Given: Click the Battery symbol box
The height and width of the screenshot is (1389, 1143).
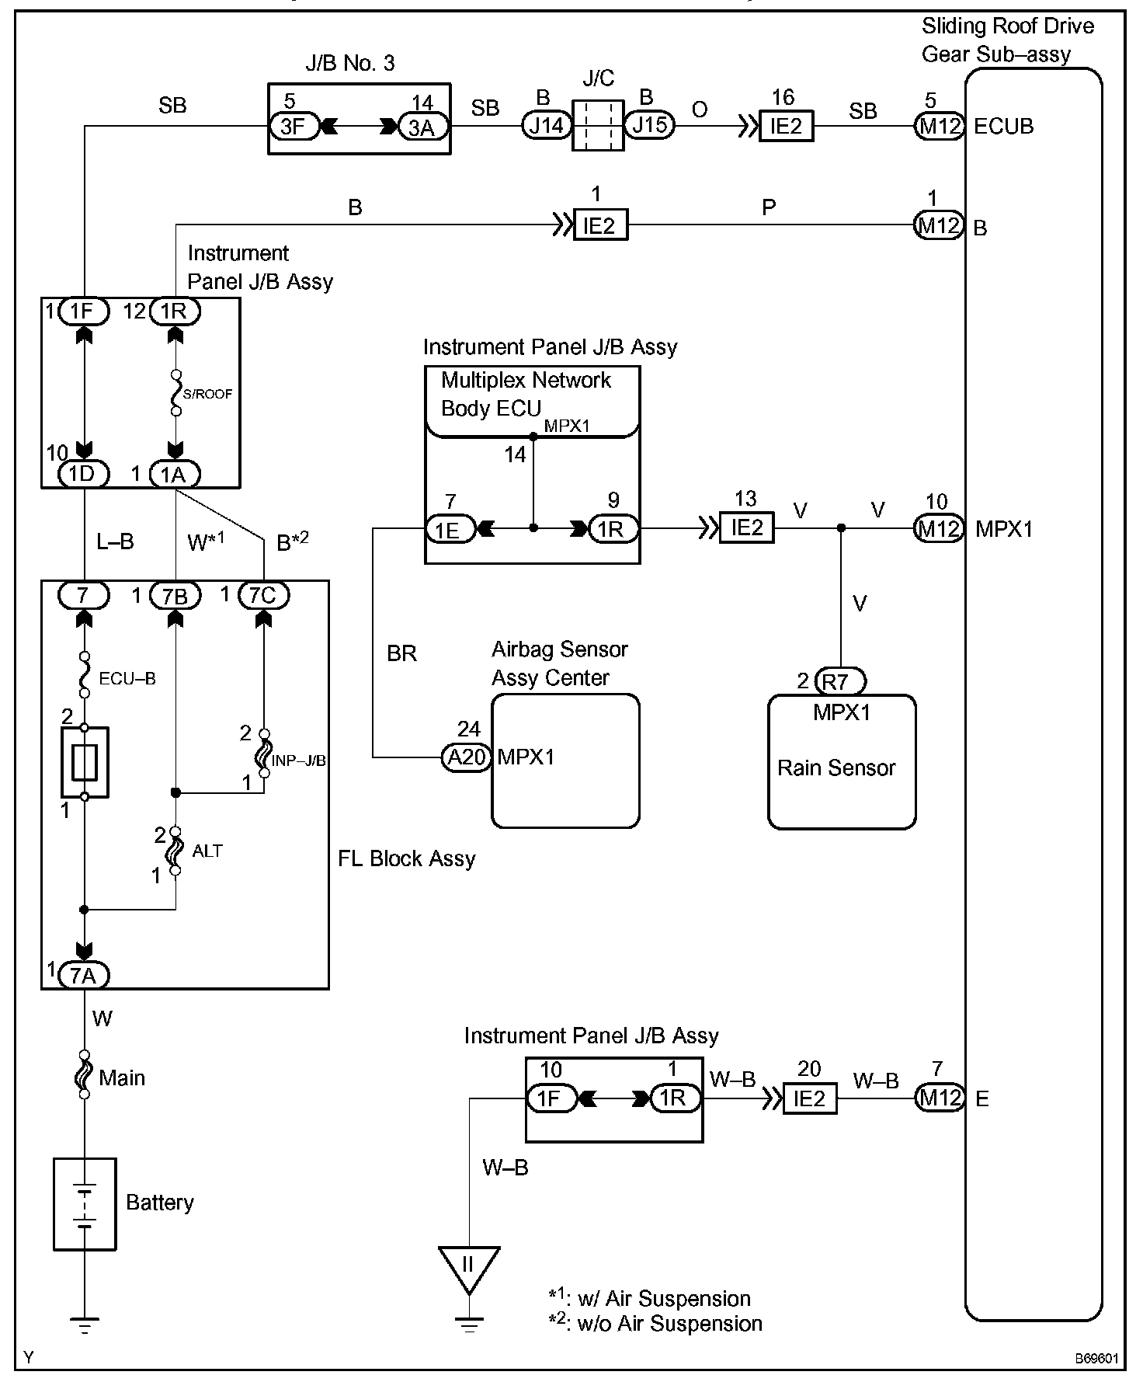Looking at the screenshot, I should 85,1203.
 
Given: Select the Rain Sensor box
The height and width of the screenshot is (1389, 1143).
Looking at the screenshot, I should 842,762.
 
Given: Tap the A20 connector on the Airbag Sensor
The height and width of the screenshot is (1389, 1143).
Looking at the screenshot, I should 467,757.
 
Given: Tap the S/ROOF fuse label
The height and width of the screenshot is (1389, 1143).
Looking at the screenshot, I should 207,394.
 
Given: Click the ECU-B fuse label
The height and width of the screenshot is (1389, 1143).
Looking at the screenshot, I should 127,679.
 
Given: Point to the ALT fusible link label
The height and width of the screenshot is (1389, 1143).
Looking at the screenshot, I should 207,851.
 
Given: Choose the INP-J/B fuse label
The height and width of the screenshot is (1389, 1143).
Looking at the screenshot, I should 299,761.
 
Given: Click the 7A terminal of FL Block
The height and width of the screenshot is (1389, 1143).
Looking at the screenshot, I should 84,975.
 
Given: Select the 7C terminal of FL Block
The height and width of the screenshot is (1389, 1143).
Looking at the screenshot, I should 264,596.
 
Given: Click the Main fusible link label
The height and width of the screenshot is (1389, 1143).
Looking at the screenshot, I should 122,1077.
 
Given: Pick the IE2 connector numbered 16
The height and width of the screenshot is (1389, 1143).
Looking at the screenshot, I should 786,125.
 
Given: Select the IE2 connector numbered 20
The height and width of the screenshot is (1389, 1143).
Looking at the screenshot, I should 809,1098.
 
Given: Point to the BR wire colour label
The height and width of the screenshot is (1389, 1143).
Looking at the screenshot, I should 401,654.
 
